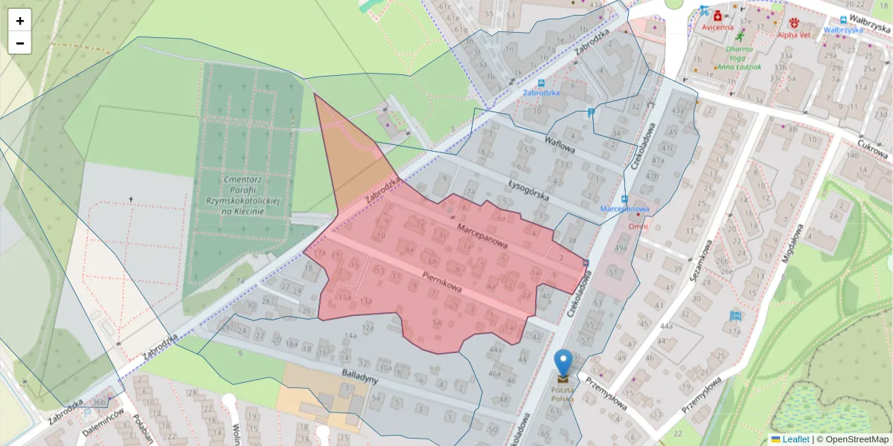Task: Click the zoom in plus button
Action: click(20, 21)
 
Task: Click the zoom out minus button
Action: click(20, 43)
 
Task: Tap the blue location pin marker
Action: click(564, 364)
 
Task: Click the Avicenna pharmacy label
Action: click(717, 28)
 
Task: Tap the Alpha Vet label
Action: click(794, 34)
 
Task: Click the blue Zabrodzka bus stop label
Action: click(540, 93)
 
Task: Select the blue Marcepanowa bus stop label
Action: click(624, 209)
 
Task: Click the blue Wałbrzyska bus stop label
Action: click(843, 30)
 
